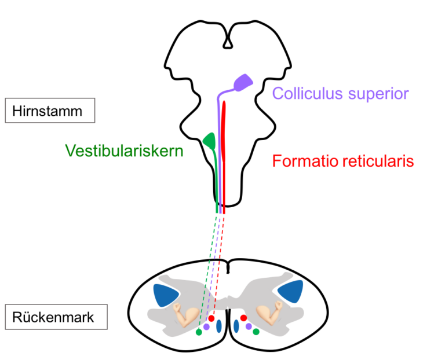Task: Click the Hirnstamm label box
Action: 50,111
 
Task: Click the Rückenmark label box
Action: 56,317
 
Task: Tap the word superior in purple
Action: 378,94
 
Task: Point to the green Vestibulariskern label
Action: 125,150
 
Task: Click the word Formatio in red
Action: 305,161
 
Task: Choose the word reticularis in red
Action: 378,161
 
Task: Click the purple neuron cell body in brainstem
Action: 243,82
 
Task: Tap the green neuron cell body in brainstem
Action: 210,140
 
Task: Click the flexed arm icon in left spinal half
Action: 186,315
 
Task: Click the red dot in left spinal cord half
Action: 211,318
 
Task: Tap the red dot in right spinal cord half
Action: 243,318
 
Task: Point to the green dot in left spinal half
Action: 199,332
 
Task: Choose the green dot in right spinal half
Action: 256,332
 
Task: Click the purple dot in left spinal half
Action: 206,327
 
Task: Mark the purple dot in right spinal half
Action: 249,326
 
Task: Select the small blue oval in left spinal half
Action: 219,326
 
